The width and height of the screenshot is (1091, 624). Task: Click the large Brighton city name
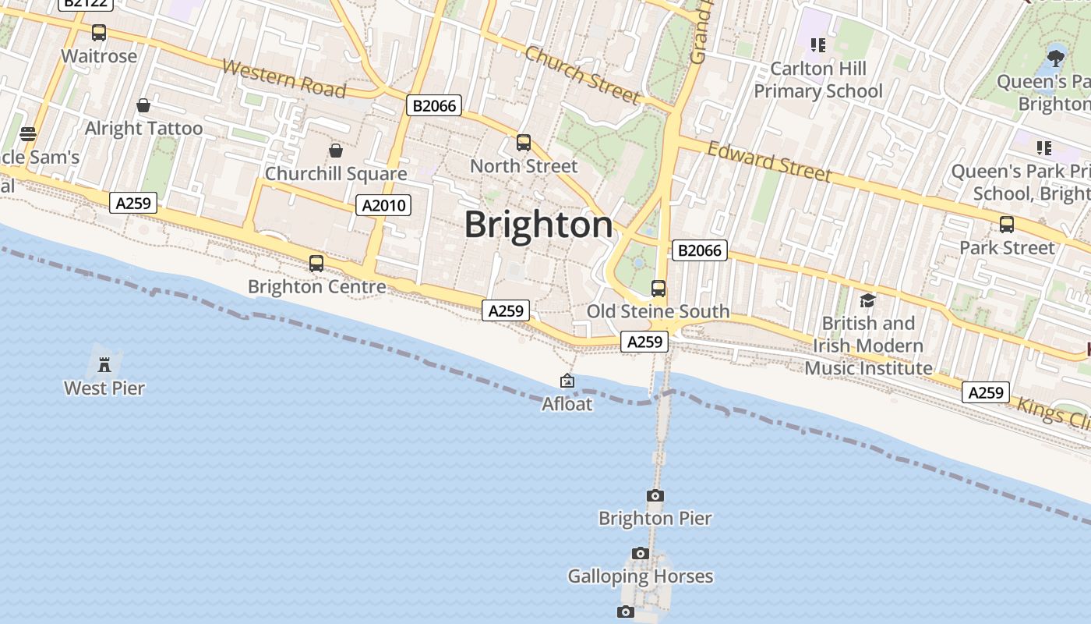[x=539, y=225]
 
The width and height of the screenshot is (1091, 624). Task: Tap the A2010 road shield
[x=383, y=205]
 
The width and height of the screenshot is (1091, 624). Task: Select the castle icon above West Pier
[x=104, y=364]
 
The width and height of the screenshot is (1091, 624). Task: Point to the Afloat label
[x=567, y=404]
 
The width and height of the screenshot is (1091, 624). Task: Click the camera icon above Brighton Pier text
[x=655, y=495]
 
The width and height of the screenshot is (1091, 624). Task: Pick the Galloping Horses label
[x=640, y=576]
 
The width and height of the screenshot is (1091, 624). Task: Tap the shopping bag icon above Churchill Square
[x=336, y=150]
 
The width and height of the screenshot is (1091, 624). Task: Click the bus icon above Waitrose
[x=99, y=33]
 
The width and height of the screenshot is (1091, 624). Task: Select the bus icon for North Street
[x=524, y=143]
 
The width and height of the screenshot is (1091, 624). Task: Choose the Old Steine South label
[x=658, y=311]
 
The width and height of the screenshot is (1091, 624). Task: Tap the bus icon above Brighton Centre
[x=316, y=264]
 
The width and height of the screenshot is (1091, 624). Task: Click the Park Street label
[x=1007, y=248]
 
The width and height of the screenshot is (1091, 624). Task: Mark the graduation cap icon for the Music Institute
[x=867, y=300]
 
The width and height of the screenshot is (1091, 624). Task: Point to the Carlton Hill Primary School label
[x=818, y=80]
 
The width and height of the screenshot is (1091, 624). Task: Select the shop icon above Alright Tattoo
[x=143, y=105]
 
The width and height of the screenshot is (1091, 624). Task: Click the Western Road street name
[x=284, y=78]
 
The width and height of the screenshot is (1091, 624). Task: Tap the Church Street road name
[x=582, y=75]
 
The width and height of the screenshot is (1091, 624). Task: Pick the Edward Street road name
[x=769, y=161]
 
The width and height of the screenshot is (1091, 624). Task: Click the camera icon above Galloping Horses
[x=641, y=553]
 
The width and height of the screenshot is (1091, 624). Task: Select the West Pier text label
[x=104, y=388]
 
